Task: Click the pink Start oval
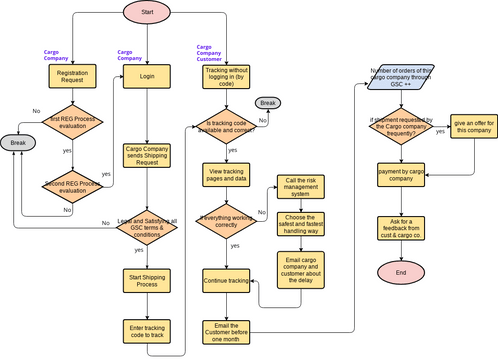coord(147,12)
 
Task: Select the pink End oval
coord(401,272)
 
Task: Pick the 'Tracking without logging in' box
coord(225,78)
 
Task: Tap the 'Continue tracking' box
coord(225,281)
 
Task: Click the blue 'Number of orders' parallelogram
coord(401,78)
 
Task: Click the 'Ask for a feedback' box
coord(401,227)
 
